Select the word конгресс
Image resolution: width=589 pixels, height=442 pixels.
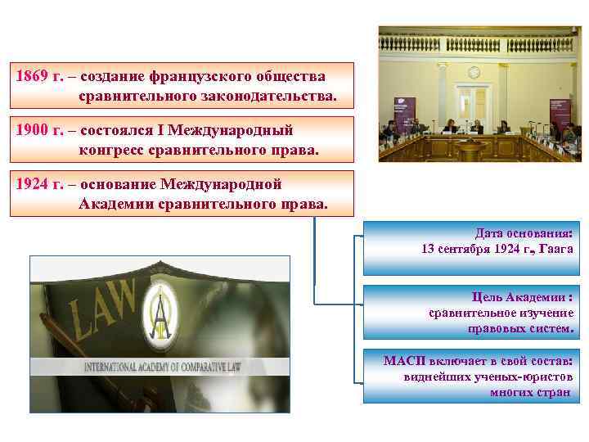pos(113,151)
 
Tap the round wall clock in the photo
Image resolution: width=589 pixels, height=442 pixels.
pos(473,72)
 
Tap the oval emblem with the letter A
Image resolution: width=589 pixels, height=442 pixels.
pos(163,314)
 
